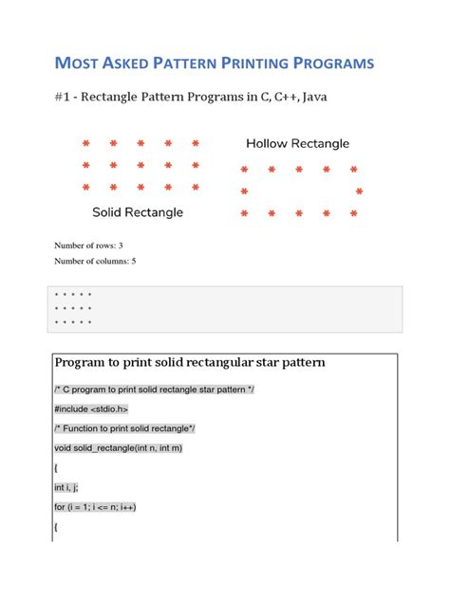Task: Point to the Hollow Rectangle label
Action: click(x=297, y=144)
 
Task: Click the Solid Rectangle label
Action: click(x=138, y=211)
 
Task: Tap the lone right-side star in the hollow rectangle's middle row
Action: click(x=359, y=192)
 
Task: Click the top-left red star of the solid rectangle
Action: click(x=85, y=145)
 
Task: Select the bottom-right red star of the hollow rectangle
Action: click(x=353, y=214)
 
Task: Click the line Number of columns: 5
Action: click(x=95, y=261)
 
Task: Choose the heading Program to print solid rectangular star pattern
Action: click(x=190, y=363)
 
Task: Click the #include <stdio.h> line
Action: click(x=91, y=408)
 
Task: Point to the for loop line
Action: click(x=95, y=507)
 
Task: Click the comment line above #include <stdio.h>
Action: click(x=155, y=390)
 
